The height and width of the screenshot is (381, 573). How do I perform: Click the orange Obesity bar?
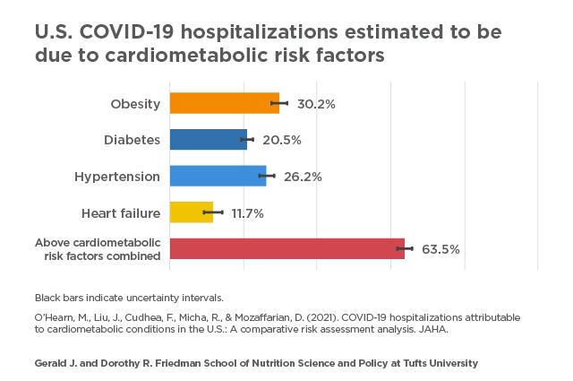[x=224, y=103]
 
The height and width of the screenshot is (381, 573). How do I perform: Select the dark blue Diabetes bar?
[x=208, y=140]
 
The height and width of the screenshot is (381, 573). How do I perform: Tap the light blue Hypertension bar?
[x=218, y=176]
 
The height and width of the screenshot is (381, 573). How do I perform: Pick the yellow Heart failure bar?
[x=191, y=212]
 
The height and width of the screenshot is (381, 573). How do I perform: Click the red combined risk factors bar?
[x=286, y=248]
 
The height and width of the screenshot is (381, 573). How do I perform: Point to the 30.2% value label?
[x=316, y=104]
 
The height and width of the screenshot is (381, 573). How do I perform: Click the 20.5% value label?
[x=282, y=141]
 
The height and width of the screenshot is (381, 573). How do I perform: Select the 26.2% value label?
[x=303, y=177]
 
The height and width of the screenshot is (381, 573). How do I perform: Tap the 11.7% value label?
[x=247, y=213]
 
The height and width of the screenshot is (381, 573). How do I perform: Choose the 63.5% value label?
[x=440, y=249]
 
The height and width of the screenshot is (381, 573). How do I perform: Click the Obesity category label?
[x=135, y=104]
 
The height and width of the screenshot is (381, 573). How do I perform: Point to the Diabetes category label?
[x=132, y=140]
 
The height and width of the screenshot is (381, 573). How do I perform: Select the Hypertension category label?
[x=117, y=177]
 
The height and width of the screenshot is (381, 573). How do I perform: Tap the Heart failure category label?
[x=121, y=213]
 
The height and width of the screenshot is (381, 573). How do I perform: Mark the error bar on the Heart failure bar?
[x=213, y=212]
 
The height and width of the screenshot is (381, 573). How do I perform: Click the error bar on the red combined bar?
[x=405, y=248]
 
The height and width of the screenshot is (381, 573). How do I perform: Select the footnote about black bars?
[x=129, y=297]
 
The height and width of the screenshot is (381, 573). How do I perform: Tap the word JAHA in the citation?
[x=432, y=329]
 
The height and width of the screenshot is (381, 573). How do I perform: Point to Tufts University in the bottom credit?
[x=438, y=363]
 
